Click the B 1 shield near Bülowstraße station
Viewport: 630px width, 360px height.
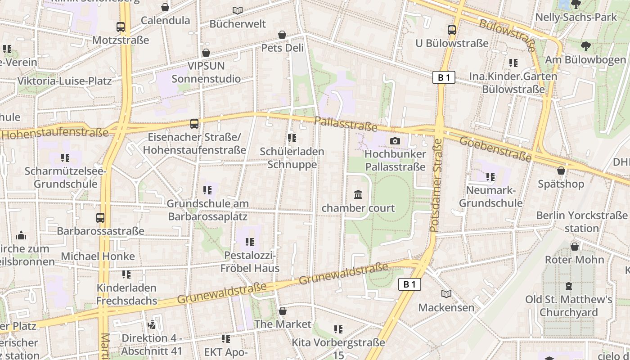(444, 78)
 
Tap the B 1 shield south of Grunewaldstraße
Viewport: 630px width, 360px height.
(409, 284)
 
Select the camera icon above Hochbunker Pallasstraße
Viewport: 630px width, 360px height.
(395, 141)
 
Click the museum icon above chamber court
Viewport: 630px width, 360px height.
(358, 195)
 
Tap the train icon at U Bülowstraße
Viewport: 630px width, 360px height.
(451, 30)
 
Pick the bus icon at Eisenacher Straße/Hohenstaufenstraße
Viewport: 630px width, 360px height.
(194, 123)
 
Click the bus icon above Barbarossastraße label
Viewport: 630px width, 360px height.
(100, 218)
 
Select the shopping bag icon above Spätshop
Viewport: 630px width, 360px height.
(561, 171)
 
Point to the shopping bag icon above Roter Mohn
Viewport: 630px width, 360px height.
(574, 247)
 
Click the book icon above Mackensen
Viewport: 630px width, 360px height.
(446, 294)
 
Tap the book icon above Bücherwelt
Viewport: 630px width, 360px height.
(238, 10)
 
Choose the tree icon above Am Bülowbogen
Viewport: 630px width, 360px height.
(585, 46)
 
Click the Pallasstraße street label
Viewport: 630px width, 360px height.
(346, 123)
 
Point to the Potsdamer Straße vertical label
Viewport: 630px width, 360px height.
(436, 185)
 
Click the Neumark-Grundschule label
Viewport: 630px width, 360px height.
(490, 197)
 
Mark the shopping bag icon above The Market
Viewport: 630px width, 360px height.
(282, 311)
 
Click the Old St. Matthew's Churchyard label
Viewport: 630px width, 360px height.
(569, 306)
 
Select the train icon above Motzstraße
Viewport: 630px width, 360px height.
(120, 27)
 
